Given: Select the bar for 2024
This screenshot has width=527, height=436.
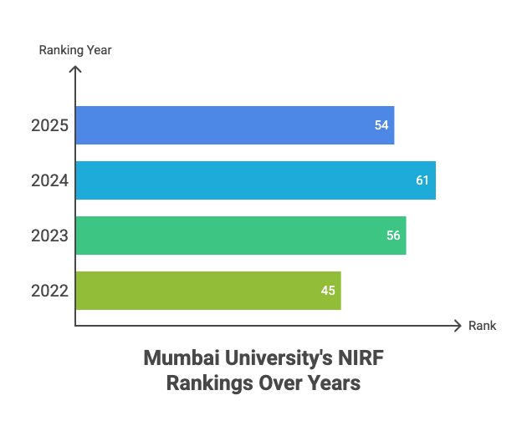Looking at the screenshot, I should click(251, 180).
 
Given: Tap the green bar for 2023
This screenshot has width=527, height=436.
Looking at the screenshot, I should click(234, 236).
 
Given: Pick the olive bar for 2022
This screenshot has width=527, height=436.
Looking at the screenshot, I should click(201, 291).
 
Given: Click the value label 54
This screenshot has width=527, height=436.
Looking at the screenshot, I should click(381, 125).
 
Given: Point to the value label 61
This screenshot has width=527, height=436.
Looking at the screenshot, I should click(422, 180).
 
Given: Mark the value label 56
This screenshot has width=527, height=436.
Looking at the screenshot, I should click(393, 236).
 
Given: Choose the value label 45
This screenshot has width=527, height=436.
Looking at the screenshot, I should click(328, 291).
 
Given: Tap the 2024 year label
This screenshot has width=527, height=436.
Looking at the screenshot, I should click(49, 180).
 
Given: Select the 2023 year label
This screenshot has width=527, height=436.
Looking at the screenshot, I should click(49, 236).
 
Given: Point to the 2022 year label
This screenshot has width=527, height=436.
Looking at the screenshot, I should click(49, 291).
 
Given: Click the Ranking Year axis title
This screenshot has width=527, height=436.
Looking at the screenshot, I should click(75, 50).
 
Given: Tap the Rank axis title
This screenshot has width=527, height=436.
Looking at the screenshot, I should click(483, 325).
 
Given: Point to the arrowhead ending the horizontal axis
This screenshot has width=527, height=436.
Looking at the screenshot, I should click(457, 325).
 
